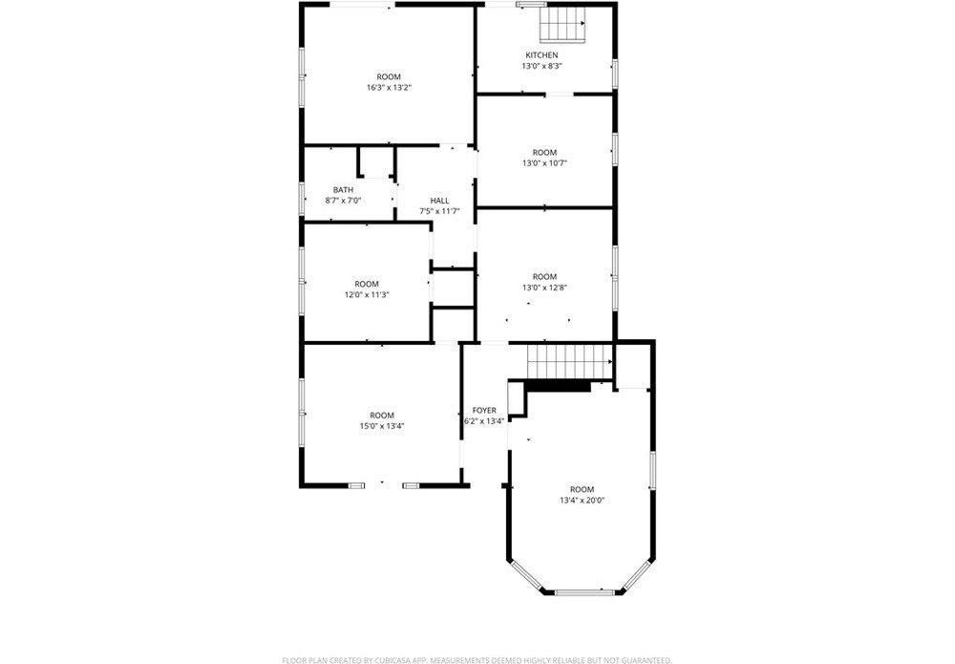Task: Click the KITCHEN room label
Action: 541,55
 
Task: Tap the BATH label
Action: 343,190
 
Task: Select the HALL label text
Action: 439,201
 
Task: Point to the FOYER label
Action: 484,411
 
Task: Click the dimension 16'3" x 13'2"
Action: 389,88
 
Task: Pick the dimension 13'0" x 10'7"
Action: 544,163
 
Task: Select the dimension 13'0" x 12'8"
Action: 544,288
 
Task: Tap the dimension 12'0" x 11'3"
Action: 367,295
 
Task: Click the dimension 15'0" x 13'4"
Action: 382,426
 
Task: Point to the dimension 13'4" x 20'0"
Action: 583,501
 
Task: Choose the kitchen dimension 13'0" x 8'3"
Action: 541,67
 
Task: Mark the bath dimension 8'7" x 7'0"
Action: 343,201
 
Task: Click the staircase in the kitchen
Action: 562,25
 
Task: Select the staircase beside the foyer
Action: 569,362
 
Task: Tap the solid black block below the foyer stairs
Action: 558,386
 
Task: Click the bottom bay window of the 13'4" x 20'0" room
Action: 583,592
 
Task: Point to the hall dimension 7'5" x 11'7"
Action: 439,211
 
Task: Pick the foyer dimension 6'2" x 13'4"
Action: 484,421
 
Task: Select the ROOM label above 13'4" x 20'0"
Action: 583,490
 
